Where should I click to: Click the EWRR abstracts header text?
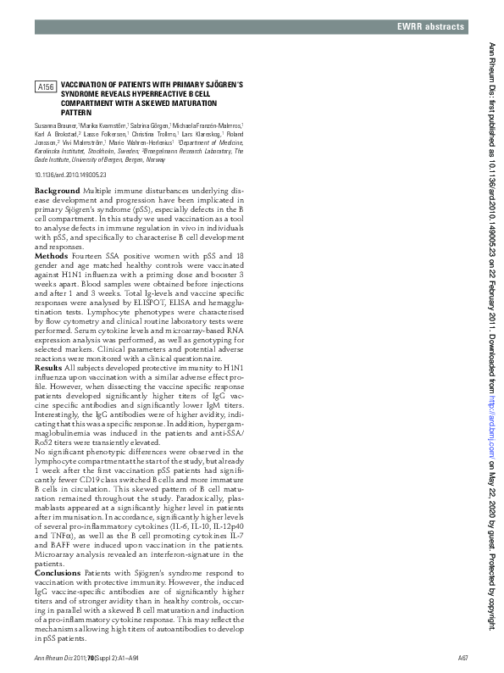pyautogui.click(x=431, y=27)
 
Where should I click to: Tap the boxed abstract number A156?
pyautogui.click(x=46, y=87)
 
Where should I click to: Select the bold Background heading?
pyautogui.click(x=57, y=191)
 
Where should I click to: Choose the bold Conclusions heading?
pyautogui.click(x=58, y=573)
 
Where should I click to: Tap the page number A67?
pyautogui.click(x=463, y=658)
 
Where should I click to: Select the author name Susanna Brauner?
pyautogui.click(x=55, y=125)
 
